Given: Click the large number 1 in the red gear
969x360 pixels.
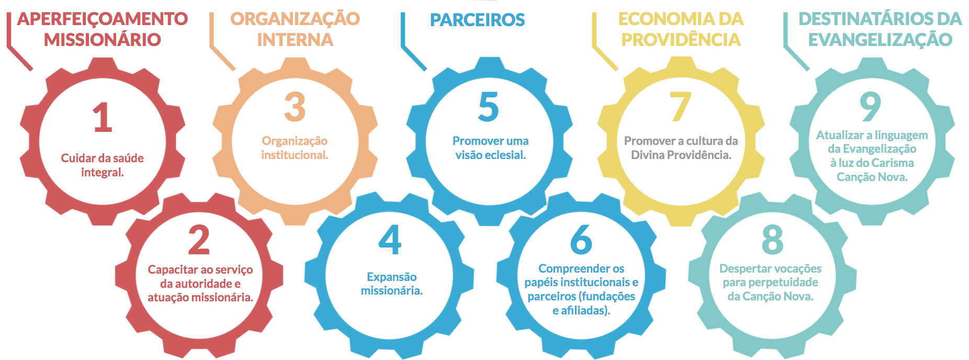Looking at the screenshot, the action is click(103, 117).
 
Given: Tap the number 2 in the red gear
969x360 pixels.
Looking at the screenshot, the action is click(199, 240).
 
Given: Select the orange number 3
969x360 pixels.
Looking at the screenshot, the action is click(295, 107).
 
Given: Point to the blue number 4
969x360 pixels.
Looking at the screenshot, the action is click(390, 240).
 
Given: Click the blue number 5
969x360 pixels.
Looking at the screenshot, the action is click(489, 107).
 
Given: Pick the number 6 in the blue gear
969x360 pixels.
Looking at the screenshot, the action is click(581, 240).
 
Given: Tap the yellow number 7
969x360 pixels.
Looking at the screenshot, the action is click(681, 107).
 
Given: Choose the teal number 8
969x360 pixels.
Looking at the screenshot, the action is click(772, 240).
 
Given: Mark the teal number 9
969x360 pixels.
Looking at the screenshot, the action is click(871, 107).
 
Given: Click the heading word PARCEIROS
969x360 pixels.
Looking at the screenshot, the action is click(477, 20).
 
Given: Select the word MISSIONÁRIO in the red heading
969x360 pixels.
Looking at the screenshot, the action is click(103, 40).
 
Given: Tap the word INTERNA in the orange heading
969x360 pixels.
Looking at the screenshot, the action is click(295, 40).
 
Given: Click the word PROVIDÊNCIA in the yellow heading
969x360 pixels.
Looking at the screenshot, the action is click(681, 40).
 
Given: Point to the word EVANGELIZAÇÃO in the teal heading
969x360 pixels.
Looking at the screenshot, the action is click(880, 40).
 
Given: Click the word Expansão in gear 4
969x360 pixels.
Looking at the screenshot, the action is click(392, 277).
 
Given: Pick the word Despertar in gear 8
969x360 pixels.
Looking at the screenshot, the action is click(743, 268).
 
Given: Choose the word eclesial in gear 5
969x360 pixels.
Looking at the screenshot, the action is click(505, 155).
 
